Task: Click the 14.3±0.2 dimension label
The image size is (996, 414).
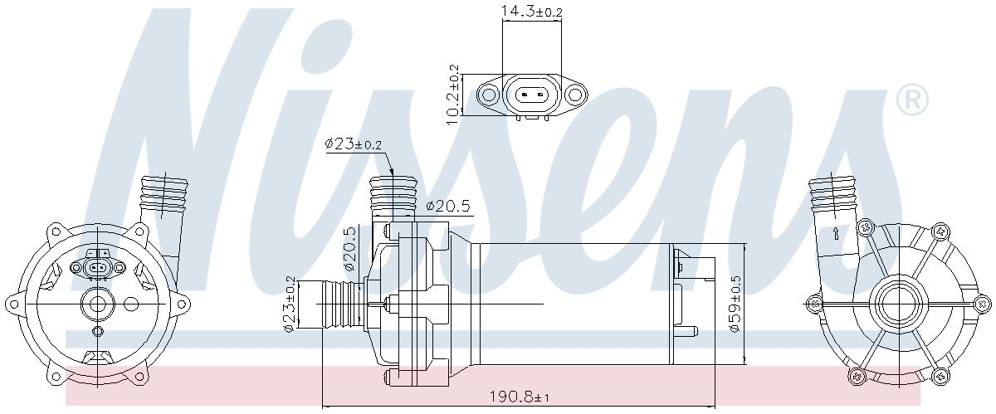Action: click(x=532, y=11)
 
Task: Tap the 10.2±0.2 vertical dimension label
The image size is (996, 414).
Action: click(x=453, y=95)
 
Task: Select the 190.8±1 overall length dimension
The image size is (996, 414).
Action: click(x=519, y=397)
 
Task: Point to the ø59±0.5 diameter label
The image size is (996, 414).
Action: click(x=735, y=304)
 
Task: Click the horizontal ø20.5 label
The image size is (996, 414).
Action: click(x=448, y=206)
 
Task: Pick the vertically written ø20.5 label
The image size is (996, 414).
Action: click(x=350, y=249)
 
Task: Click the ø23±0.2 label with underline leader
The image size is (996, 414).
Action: click(x=354, y=144)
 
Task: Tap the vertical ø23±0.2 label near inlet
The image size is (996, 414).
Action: click(x=289, y=304)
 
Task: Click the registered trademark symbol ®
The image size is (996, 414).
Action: click(x=912, y=100)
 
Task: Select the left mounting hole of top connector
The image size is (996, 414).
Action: click(x=488, y=95)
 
